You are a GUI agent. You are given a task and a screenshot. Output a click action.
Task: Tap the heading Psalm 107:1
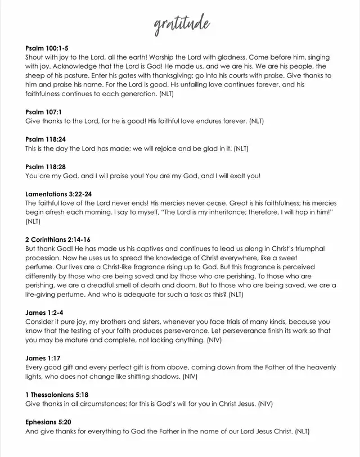click(43, 112)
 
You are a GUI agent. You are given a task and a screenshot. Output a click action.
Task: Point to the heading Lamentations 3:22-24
click(58, 194)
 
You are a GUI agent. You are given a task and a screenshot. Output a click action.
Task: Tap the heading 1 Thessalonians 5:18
click(57, 395)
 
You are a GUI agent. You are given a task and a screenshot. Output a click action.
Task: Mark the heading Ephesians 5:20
click(48, 422)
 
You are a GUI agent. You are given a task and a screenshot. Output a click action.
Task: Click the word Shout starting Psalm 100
click(35, 57)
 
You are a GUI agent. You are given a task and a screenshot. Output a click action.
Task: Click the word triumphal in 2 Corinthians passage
click(308, 248)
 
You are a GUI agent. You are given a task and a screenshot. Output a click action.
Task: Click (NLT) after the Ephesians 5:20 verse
click(302, 431)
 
